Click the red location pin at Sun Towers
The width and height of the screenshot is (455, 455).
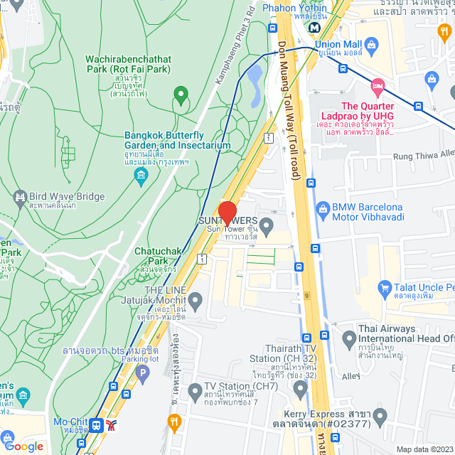click(x=227, y=213)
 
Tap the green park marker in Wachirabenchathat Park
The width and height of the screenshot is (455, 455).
click(x=181, y=94)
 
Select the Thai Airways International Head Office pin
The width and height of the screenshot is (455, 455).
click(x=348, y=339)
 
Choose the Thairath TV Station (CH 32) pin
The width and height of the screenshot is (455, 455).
click(x=300, y=388)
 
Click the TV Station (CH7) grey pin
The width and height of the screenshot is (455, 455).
click(x=196, y=391)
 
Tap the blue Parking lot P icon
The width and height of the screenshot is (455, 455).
click(x=144, y=372)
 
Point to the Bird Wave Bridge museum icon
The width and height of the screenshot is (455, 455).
click(x=19, y=196)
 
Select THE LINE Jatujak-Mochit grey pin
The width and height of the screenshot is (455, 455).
click(x=196, y=297)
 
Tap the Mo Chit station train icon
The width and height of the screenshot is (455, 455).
click(x=95, y=425)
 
